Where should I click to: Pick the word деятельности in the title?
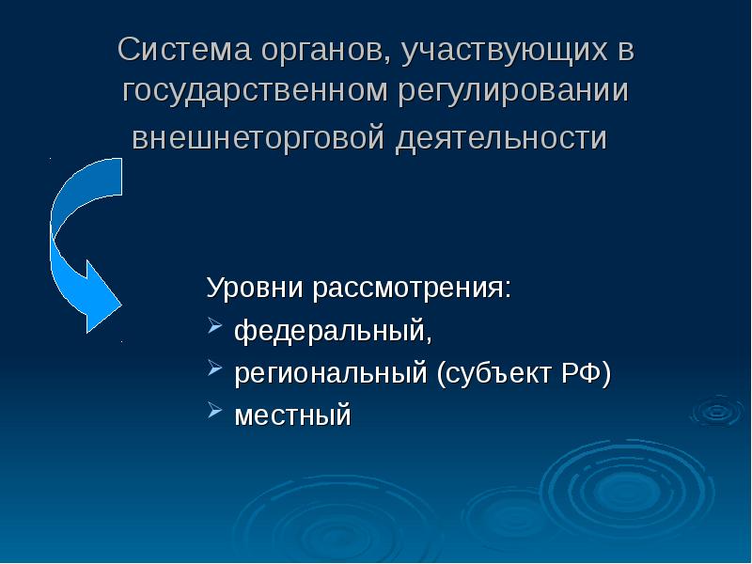[500, 140]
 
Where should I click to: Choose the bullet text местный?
[292, 415]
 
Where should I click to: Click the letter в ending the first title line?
[625, 50]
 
